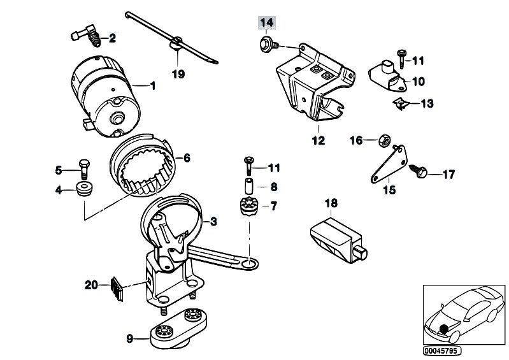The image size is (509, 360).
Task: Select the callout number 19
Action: pyautogui.click(x=178, y=74)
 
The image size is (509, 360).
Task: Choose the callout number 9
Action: pyautogui.click(x=129, y=339)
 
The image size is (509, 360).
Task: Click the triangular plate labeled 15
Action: pyautogui.click(x=382, y=167)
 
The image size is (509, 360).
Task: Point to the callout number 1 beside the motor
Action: pyautogui.click(x=152, y=85)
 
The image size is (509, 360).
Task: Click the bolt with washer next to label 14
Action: pyautogui.click(x=266, y=43)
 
